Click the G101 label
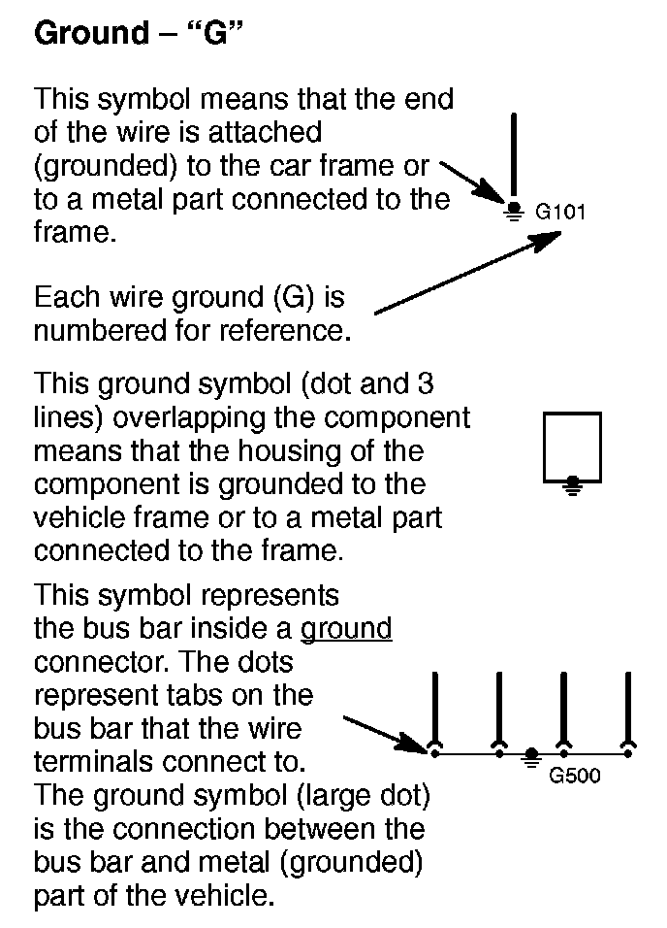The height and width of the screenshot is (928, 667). point(560,211)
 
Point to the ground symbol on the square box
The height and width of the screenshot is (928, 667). point(573,483)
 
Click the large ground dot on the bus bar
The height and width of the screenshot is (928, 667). point(531,755)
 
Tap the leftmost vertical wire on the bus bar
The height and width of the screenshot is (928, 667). point(435,709)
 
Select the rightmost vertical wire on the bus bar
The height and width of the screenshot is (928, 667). point(628,709)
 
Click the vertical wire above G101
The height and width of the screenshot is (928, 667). point(514,155)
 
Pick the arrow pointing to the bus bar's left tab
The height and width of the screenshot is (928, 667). point(383,734)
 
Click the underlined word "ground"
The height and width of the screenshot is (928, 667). point(346,629)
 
